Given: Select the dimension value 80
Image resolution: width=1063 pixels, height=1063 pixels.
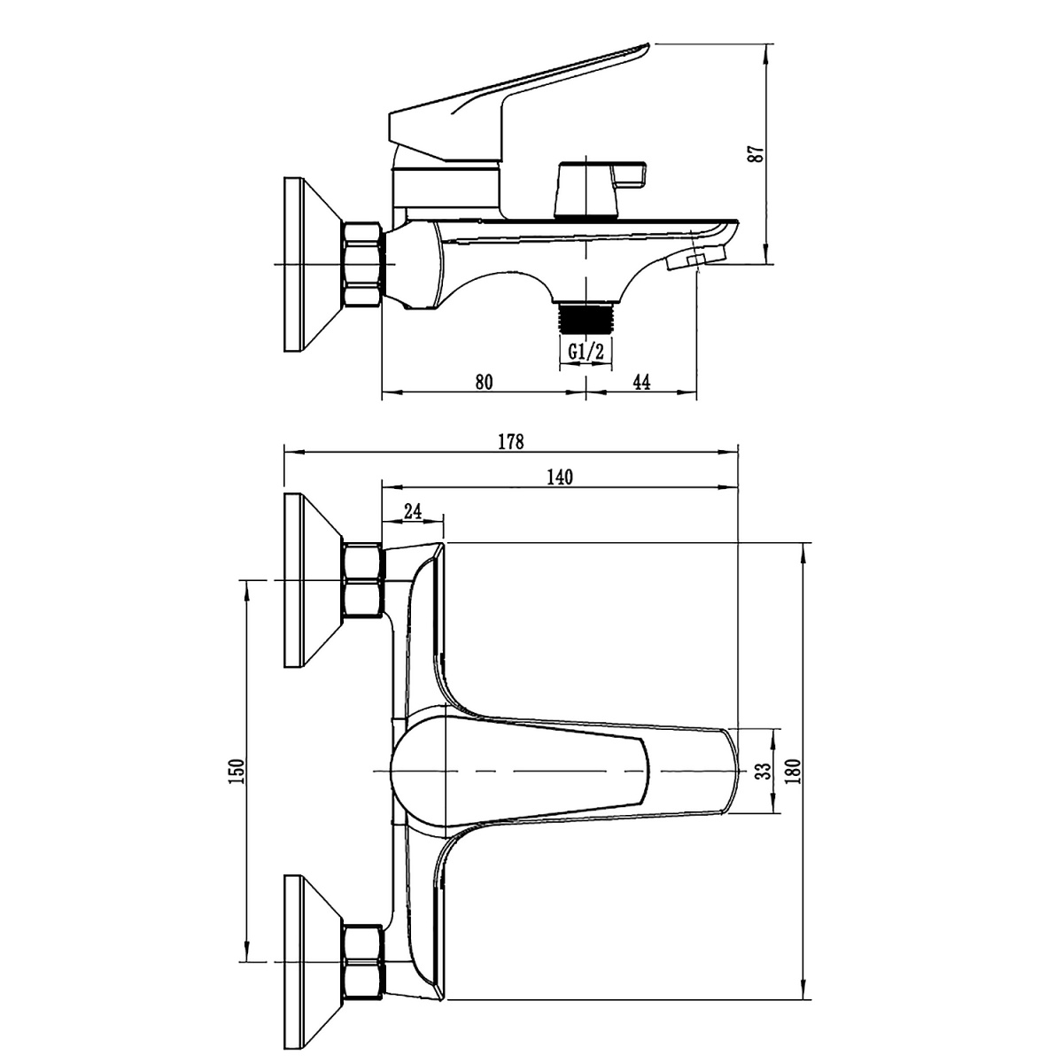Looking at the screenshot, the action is (x=484, y=382).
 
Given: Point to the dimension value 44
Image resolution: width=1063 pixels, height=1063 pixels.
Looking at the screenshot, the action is (x=641, y=382).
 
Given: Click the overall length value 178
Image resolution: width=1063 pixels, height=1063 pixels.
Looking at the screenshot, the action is (x=511, y=442).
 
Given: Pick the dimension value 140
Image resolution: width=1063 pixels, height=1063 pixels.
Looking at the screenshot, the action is (x=560, y=477).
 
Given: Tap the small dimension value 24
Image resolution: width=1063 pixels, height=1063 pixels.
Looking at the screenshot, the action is (x=413, y=512).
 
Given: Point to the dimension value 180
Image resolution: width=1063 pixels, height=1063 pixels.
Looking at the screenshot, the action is (x=795, y=772).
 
